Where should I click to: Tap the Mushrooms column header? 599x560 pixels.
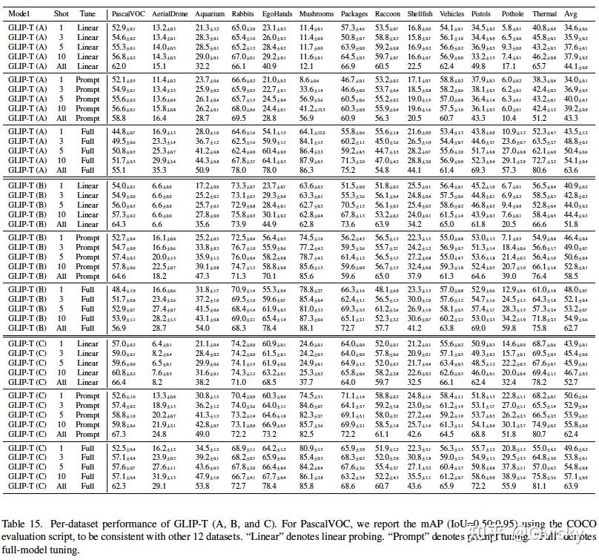click(x=314, y=14)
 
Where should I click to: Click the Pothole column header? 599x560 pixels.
click(x=512, y=14)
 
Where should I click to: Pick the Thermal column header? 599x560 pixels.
click(x=545, y=14)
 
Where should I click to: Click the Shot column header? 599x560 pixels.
click(x=62, y=14)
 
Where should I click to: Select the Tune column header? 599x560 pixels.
click(x=88, y=14)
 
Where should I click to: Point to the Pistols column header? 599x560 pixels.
click(x=483, y=14)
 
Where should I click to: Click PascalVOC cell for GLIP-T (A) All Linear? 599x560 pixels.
click(x=119, y=65)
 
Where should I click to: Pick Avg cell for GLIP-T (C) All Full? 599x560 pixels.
click(x=572, y=483)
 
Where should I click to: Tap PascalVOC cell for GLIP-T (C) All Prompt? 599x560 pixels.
click(x=119, y=433)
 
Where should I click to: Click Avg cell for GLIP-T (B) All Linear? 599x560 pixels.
click(x=571, y=223)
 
